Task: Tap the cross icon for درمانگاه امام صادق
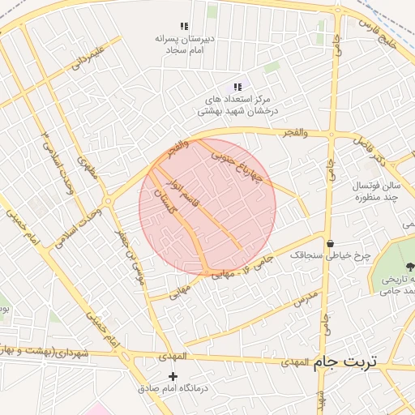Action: [x=172, y=376]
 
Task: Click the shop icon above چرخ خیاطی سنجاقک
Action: [x=330, y=243]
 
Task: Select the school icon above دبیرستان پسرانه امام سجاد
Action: [x=184, y=27]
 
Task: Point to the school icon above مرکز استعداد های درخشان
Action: [x=237, y=87]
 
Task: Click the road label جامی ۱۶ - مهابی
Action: [x=223, y=272]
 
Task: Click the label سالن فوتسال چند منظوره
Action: [x=371, y=192]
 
